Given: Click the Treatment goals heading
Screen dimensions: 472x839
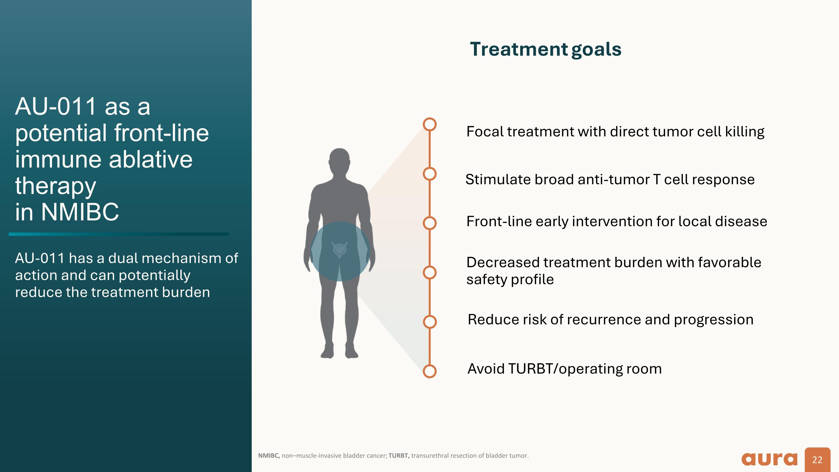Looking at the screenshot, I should click(x=546, y=50).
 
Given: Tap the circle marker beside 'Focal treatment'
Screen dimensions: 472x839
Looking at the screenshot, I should click(x=430, y=125).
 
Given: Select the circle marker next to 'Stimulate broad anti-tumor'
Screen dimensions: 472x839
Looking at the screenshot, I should click(x=430, y=174).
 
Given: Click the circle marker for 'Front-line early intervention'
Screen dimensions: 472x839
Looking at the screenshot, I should click(x=430, y=223).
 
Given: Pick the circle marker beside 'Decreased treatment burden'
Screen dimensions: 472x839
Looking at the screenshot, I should click(x=430, y=272).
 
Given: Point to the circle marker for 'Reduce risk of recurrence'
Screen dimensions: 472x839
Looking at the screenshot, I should click(x=430, y=321).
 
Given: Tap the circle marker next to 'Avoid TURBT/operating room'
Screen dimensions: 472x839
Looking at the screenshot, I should click(x=430, y=371).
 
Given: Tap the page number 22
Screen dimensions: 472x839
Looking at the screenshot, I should click(x=817, y=460).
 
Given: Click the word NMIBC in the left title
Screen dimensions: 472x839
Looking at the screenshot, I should click(x=80, y=212).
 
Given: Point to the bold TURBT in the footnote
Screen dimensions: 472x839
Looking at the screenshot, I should click(x=399, y=456).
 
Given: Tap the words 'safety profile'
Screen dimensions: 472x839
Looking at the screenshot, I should click(x=510, y=280).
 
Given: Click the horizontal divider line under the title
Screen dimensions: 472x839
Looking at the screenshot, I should click(x=119, y=234).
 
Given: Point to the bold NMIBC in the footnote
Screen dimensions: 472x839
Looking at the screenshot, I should click(x=269, y=456).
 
